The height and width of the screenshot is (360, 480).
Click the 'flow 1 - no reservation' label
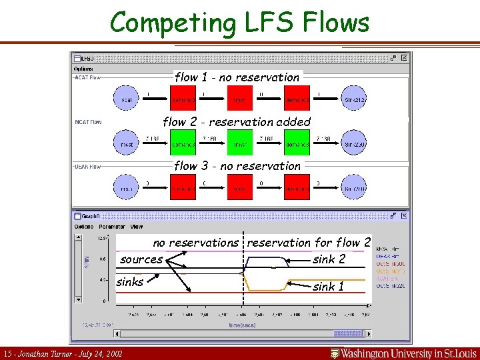(x=237, y=77)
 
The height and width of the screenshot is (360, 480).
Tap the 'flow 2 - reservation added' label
(x=237, y=122)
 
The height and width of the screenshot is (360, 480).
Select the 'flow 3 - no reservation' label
(x=237, y=166)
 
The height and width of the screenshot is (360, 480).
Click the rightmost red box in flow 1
(x=297, y=99)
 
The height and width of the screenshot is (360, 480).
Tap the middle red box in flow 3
(x=240, y=189)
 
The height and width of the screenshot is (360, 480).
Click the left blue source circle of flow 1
(x=127, y=99)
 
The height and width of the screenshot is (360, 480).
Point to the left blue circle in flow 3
(x=127, y=189)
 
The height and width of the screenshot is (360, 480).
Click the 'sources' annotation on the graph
(x=141, y=259)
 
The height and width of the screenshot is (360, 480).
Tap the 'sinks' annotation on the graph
(x=129, y=282)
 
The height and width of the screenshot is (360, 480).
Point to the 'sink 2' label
(x=329, y=259)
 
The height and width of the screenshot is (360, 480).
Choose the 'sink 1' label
(x=329, y=287)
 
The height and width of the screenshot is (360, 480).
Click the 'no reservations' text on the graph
(x=195, y=243)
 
